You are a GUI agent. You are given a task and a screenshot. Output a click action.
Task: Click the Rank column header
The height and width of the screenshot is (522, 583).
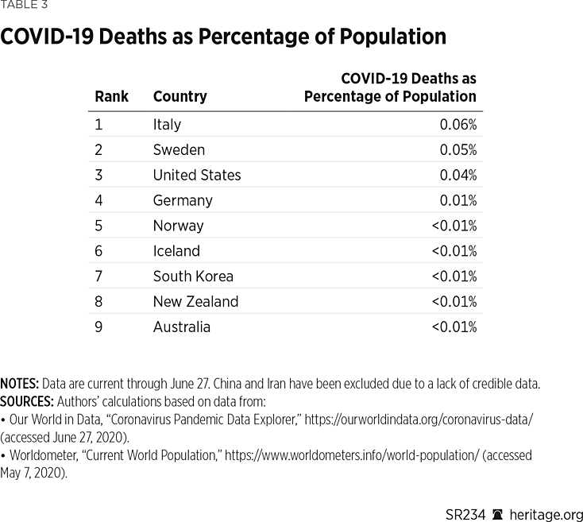coord(111,97)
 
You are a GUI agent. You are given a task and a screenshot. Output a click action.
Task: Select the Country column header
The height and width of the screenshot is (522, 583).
coord(180,97)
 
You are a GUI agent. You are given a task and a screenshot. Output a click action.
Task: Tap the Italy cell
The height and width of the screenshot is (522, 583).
coord(167,125)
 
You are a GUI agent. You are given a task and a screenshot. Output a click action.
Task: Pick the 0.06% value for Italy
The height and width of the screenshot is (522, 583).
coord(458,125)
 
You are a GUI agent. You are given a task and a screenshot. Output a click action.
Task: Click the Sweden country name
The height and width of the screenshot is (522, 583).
coord(179,150)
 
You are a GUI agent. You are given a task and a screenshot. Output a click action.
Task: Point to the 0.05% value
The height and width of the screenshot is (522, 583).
coord(458,150)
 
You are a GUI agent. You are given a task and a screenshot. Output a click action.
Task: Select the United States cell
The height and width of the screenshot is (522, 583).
coord(196,176)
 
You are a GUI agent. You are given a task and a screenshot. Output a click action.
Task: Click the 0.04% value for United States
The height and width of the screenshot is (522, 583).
coord(458,176)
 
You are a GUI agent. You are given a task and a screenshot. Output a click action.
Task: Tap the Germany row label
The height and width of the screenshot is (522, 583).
coord(183,200)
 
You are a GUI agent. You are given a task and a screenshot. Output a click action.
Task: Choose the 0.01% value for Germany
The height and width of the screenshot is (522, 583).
coord(458,200)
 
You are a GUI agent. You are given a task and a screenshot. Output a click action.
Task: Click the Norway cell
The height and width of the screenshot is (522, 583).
coord(178,226)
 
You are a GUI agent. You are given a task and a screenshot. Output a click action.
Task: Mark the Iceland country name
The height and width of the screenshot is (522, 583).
coord(176,251)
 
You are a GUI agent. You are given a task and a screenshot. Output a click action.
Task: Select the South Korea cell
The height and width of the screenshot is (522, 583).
coord(193,276)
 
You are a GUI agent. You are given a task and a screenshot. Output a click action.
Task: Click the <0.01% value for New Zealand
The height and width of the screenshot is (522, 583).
coord(454,302)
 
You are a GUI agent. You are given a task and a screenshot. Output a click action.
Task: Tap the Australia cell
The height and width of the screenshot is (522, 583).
coord(181,327)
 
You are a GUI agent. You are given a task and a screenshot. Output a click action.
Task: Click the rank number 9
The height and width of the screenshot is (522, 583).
coord(98,327)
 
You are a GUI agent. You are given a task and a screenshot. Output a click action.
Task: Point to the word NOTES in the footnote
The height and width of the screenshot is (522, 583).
coord(20,384)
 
